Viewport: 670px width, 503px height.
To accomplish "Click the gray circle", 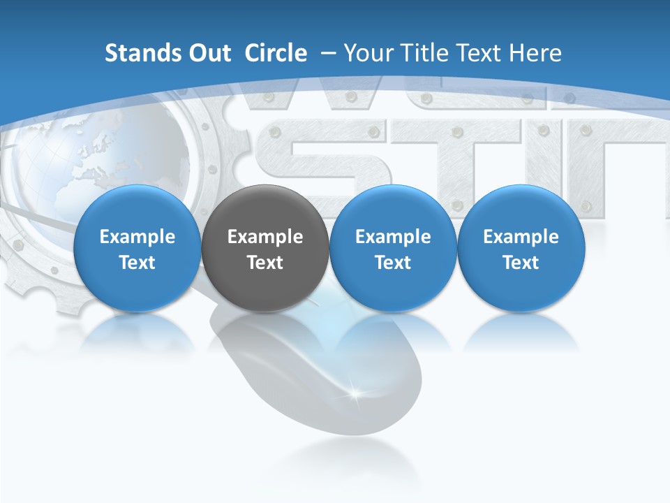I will tap(265, 249).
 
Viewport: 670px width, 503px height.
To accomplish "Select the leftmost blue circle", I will tap(137, 249).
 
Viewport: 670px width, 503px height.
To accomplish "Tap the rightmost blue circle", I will tap(521, 249).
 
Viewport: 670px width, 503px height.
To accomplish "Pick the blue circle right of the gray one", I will tap(393, 249).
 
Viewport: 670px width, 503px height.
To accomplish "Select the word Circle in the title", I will tap(276, 53).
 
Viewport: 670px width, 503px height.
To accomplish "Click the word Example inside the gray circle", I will tap(265, 237).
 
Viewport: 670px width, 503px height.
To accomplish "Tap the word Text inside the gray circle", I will tap(265, 263).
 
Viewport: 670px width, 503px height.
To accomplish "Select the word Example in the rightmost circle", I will tap(521, 237).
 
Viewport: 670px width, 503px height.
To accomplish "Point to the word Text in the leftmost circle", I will tap(137, 263).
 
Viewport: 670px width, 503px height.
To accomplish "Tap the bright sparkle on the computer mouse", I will tap(357, 393).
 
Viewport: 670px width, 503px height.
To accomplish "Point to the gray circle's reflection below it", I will tap(265, 332).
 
